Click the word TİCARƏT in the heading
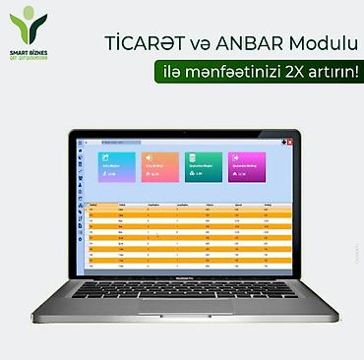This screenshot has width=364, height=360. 145,43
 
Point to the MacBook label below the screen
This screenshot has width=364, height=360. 182,277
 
